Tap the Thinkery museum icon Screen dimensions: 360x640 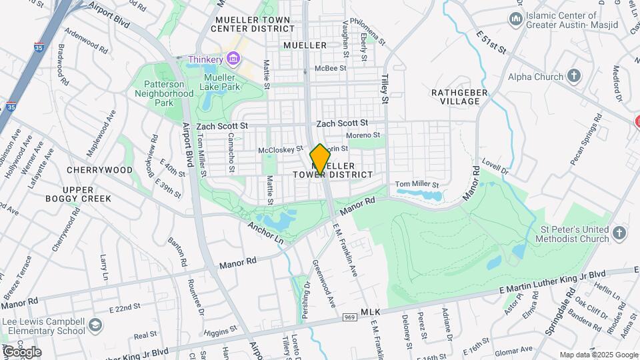[x=233, y=60]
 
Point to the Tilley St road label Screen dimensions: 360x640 [x=385, y=89]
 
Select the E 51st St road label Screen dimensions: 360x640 [x=491, y=42]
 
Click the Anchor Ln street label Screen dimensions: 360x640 [x=266, y=233]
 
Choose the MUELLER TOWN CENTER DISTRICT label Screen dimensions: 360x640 [x=252, y=25]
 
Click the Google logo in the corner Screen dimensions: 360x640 [x=21, y=351]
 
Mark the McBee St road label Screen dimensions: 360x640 [x=331, y=68]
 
